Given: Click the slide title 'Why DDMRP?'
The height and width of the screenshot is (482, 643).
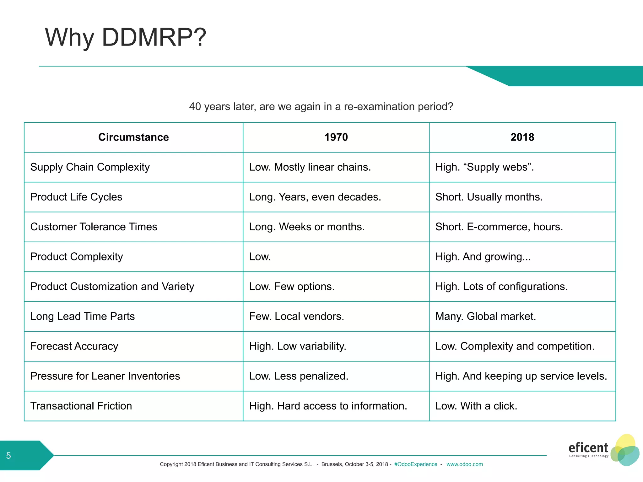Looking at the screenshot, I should click(126, 37).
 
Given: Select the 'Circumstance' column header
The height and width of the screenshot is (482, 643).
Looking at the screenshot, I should click(133, 137).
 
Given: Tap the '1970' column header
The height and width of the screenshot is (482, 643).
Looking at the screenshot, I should click(336, 137).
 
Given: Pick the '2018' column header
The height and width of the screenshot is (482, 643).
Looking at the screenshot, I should click(522, 137).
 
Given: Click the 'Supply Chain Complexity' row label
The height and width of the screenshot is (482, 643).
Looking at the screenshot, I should click(90, 167).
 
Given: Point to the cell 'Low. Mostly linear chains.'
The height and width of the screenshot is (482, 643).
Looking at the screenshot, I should click(310, 167).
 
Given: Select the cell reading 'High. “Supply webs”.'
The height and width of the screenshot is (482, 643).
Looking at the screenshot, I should click(484, 167).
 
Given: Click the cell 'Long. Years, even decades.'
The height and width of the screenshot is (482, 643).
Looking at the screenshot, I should click(315, 197).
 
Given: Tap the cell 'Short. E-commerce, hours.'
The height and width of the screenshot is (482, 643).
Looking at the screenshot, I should click(499, 227).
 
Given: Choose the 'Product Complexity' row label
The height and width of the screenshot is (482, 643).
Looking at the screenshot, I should click(77, 256).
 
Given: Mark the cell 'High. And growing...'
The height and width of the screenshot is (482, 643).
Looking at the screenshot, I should click(483, 256).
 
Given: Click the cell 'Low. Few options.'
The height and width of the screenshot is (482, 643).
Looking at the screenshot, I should click(292, 286).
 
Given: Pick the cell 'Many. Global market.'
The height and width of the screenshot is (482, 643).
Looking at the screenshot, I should click(485, 316).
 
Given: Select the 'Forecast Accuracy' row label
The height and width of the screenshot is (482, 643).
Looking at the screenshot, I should click(74, 346).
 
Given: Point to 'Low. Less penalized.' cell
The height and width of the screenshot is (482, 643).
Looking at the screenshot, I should click(299, 376).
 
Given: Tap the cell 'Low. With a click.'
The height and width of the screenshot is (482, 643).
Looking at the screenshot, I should click(476, 405).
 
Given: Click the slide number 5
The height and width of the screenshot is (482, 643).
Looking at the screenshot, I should click(8, 455).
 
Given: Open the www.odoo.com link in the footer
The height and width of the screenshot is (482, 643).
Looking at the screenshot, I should click(464, 464).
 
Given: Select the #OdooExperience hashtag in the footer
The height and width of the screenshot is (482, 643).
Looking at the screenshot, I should click(416, 464).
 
